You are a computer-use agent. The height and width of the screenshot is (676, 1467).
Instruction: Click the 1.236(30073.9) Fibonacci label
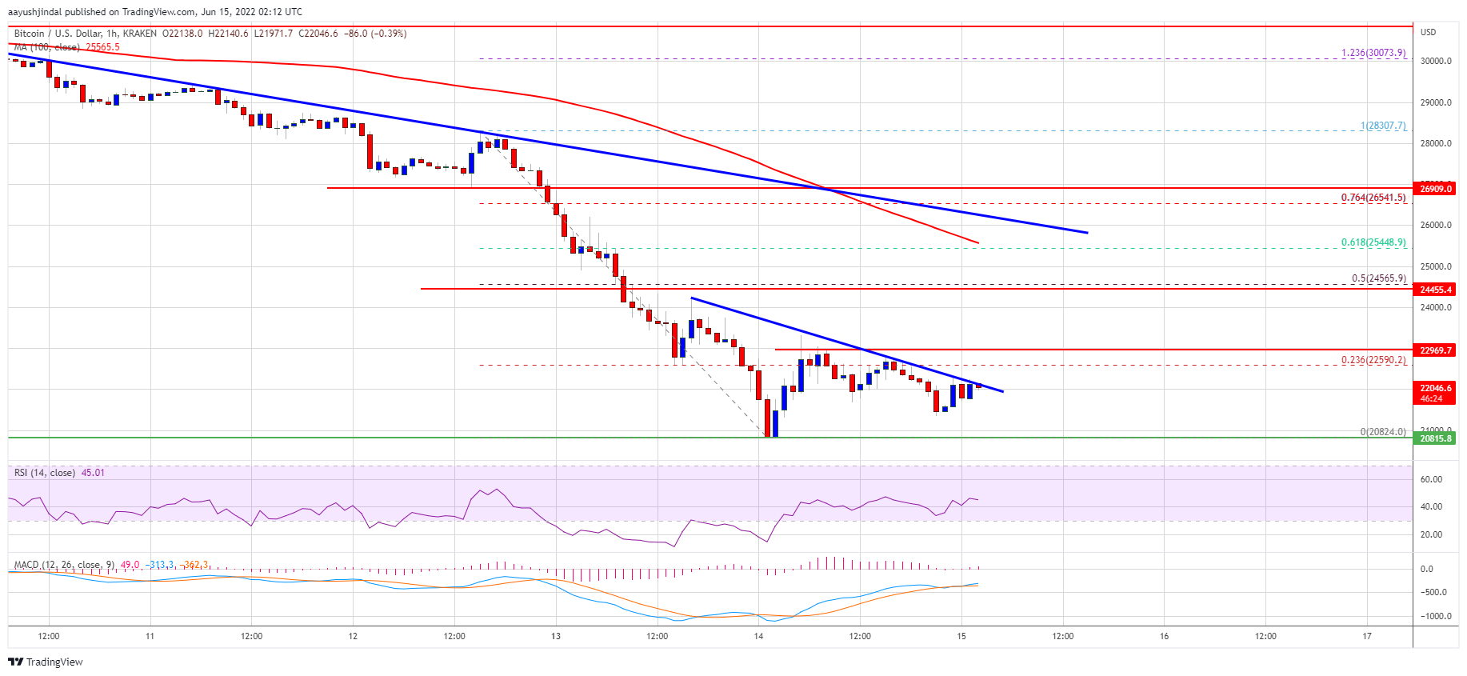[x=1373, y=53]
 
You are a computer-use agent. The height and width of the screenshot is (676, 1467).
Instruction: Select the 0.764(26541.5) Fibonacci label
[x=1373, y=198]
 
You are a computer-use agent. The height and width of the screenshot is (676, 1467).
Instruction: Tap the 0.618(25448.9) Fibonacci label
[x=1373, y=242]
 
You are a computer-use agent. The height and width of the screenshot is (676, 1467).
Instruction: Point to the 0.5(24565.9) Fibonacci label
[x=1378, y=278]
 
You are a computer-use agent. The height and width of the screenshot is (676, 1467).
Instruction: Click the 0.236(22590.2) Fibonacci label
[x=1373, y=360]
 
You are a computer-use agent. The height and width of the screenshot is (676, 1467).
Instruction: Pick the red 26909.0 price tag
[x=1435, y=189]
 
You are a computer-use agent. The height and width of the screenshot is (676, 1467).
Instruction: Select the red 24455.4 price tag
[x=1435, y=290]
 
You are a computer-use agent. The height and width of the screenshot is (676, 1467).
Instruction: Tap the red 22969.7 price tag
[x=1435, y=350]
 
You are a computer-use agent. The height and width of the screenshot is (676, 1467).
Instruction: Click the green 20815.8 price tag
[x=1435, y=438]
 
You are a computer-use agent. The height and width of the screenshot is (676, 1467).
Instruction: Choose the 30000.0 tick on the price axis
[x=1435, y=61]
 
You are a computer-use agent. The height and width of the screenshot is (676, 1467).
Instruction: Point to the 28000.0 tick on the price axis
[x=1435, y=144]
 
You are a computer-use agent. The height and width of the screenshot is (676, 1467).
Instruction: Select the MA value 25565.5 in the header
[x=102, y=47]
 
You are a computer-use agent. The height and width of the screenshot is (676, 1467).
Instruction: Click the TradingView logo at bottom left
[x=46, y=662]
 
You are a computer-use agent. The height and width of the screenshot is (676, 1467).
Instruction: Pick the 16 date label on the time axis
[x=1164, y=637]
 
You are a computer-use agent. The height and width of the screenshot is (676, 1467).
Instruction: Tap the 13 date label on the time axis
[x=556, y=637]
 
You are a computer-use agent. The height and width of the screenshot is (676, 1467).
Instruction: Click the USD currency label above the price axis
[x=1428, y=32]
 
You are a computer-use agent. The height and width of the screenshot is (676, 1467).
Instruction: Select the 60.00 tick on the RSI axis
[x=1431, y=479]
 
